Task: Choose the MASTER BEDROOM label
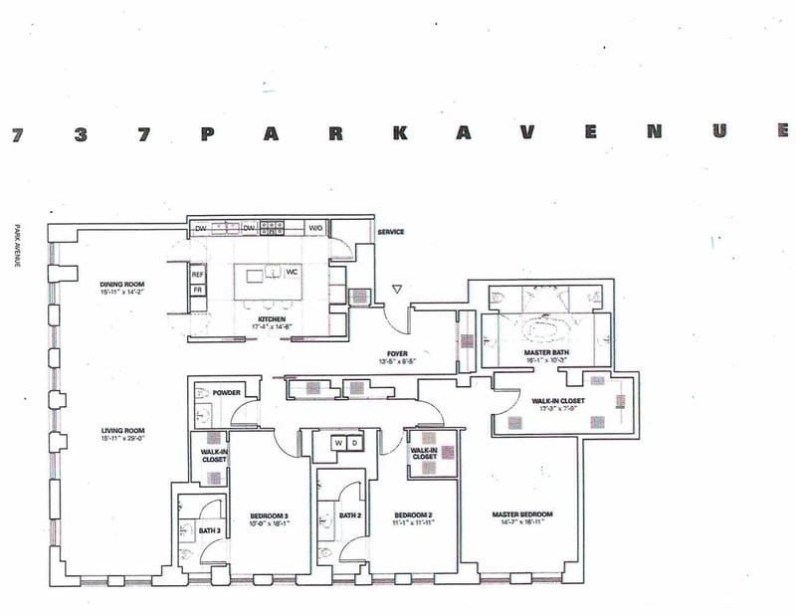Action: (522, 514)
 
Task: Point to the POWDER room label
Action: (226, 392)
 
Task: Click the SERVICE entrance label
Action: (390, 232)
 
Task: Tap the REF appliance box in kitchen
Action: (197, 274)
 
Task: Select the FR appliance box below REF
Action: (197, 290)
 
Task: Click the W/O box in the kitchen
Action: (315, 228)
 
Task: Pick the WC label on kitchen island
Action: (292, 271)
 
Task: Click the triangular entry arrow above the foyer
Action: (397, 290)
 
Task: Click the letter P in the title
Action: (207, 135)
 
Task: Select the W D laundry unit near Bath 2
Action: (345, 442)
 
